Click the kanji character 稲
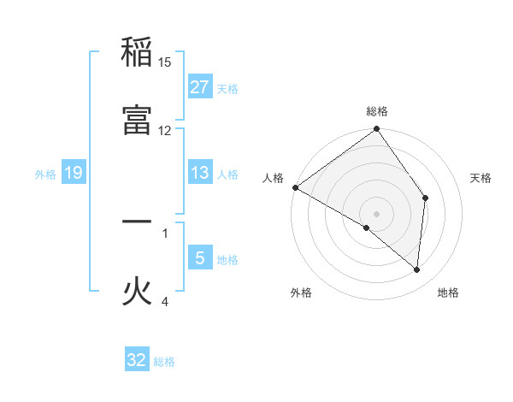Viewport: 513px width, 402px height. click(137, 53)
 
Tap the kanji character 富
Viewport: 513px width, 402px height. click(137, 120)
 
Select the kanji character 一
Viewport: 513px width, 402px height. click(137, 222)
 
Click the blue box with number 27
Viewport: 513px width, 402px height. click(199, 87)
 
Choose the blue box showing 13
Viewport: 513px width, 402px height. click(199, 173)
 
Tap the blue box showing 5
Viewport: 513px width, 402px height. click(199, 258)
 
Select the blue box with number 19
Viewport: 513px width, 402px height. click(73, 173)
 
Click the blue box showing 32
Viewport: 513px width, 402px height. click(137, 360)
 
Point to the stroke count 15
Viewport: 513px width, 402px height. click(165, 62)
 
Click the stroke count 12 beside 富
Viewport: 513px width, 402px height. click(165, 130)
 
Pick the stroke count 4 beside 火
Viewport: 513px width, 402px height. click(165, 301)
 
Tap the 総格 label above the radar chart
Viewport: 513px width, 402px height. click(377, 111)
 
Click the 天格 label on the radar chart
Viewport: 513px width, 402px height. click(481, 178)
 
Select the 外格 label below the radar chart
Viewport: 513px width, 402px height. click(301, 293)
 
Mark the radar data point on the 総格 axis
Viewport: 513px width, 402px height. click(377, 130)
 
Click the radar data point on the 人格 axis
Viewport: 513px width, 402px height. click(295, 187)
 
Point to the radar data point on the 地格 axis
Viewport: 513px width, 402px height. click(417, 269)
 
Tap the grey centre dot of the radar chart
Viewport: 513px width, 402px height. click(377, 213)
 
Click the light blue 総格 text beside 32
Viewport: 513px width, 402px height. click(164, 362)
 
